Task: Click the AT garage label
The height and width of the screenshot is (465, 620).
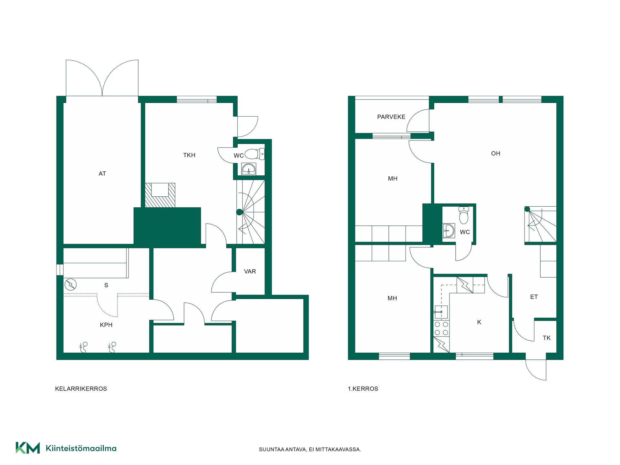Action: pyautogui.click(x=102, y=174)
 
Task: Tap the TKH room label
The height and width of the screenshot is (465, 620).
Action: pyautogui.click(x=189, y=155)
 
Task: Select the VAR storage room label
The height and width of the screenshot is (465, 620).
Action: pyautogui.click(x=250, y=272)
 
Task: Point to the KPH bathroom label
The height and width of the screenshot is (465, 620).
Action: pyautogui.click(x=106, y=325)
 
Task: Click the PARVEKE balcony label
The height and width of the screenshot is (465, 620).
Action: pyautogui.click(x=391, y=117)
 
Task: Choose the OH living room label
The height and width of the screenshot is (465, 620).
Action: pyautogui.click(x=496, y=153)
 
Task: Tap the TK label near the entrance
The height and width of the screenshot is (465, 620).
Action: pyautogui.click(x=547, y=338)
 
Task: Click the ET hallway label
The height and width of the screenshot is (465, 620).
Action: pyautogui.click(x=534, y=297)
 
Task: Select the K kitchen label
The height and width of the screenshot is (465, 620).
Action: pyautogui.click(x=479, y=322)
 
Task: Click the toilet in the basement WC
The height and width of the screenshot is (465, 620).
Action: pyautogui.click(x=255, y=154)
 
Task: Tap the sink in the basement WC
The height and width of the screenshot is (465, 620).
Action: pyautogui.click(x=249, y=169)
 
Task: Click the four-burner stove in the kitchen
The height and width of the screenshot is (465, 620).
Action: pyautogui.click(x=441, y=328)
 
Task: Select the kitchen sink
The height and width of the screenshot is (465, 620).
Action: pyautogui.click(x=441, y=312)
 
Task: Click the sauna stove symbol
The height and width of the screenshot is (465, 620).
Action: pyautogui.click(x=70, y=285)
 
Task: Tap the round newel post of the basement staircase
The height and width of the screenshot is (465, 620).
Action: pyautogui.click(x=239, y=212)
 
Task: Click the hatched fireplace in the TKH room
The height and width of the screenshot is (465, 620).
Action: pyautogui.click(x=160, y=195)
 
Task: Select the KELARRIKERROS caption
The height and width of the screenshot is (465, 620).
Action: pyautogui.click(x=81, y=389)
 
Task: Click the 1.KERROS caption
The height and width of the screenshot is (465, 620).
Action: pyautogui.click(x=363, y=389)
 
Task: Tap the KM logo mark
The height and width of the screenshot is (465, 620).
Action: pyautogui.click(x=28, y=448)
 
